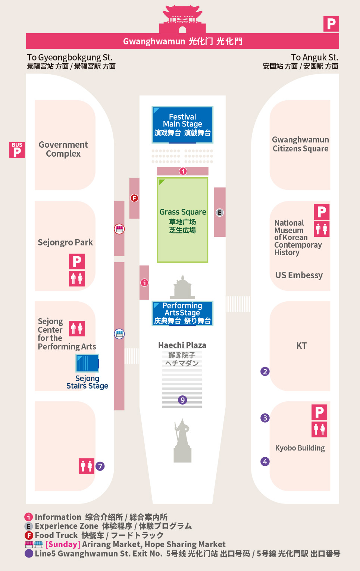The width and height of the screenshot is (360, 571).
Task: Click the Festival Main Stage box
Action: click(x=182, y=125)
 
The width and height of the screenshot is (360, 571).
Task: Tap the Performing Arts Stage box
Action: click(x=182, y=313)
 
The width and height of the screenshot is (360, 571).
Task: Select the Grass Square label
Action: click(x=183, y=212)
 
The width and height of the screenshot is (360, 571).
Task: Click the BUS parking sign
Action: click(x=17, y=150)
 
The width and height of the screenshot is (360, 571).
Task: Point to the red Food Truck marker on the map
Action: click(x=134, y=198)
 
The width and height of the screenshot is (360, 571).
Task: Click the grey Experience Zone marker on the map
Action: click(x=220, y=213)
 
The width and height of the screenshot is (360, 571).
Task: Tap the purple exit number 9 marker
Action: click(x=182, y=400)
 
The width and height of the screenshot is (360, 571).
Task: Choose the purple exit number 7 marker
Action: click(x=100, y=466)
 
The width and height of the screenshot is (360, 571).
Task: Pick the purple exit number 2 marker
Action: click(x=265, y=371)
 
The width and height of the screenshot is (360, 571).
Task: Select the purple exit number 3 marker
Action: click(x=265, y=418)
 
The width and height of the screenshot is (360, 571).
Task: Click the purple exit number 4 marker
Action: click(x=265, y=462)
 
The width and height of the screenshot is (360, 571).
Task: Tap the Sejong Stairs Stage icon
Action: click(x=87, y=363)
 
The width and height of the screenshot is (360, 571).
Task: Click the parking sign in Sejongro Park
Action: click(x=77, y=261)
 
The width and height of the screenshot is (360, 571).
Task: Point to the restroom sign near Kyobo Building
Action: click(x=319, y=429)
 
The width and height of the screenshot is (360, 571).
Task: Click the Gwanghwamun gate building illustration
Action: click(x=182, y=21)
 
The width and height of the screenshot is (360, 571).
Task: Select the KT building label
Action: click(x=301, y=346)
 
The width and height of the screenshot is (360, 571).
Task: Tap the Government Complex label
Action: click(x=63, y=149)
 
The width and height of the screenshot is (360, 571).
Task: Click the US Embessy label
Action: click(x=299, y=275)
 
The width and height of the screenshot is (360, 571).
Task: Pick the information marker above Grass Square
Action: click(x=183, y=171)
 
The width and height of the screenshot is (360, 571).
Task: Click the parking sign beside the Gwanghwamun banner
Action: click(x=331, y=24)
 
